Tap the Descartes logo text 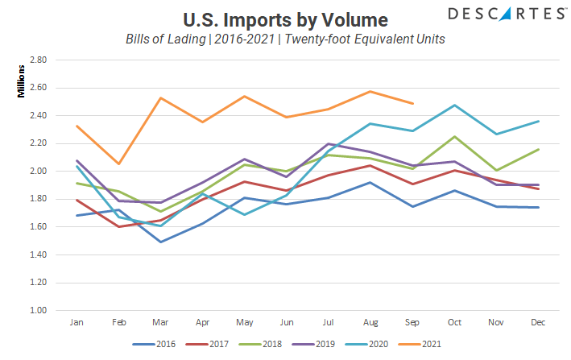(x=494, y=13)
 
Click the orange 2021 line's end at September (x=412, y=103)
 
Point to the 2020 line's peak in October (x=454, y=105)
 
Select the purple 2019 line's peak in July (x=328, y=143)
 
